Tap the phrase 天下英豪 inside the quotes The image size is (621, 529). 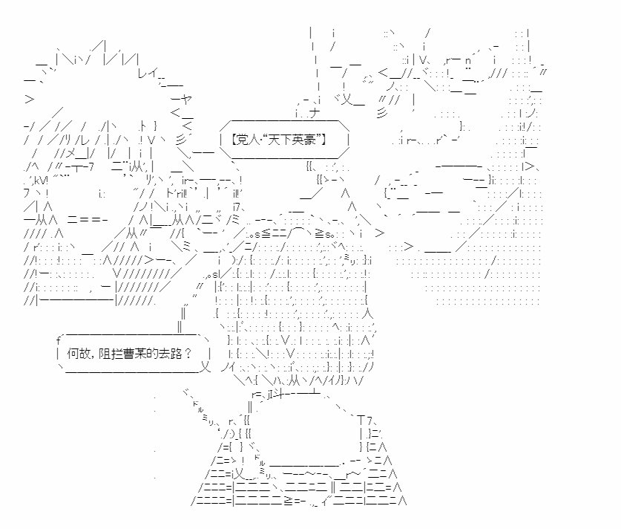pos(291,140)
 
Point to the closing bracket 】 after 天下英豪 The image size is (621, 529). pos(323,140)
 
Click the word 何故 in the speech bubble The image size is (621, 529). pos(79,354)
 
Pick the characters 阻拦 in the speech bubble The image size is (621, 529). pos(111,354)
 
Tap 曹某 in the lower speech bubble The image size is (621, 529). pos(134,354)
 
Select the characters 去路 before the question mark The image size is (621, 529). pos(170,354)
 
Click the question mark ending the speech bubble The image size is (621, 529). pos(188,354)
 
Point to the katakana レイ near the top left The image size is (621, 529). pos(148,73)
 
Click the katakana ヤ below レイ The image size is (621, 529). pos(186,99)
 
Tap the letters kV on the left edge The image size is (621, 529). pos(41,181)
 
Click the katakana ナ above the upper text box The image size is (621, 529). pos(314,113)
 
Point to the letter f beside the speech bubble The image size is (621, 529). pos(58,340)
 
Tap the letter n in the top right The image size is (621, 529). pos(467,61)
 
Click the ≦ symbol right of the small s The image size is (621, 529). pos(266,234)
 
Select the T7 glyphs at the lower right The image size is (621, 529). pos(365,421)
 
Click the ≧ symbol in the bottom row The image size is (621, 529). pos(289,502)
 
